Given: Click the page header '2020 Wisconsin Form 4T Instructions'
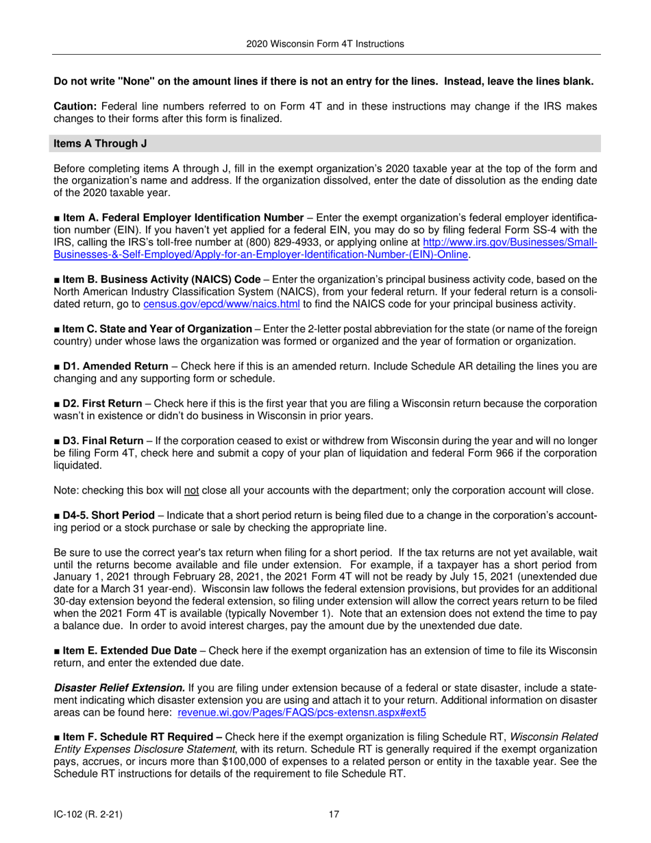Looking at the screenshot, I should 325,44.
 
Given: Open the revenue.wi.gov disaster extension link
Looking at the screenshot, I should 302,713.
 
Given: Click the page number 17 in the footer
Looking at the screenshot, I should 334,814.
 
